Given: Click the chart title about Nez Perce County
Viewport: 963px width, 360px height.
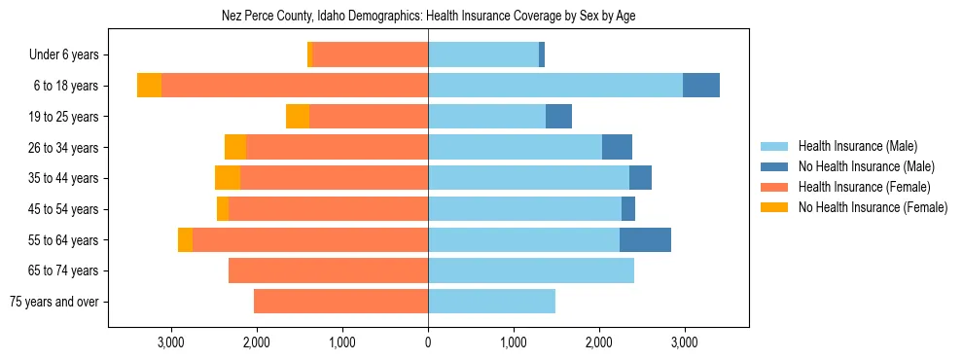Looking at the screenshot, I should point(428,17).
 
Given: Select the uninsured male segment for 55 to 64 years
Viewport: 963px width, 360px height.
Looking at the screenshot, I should point(645,240).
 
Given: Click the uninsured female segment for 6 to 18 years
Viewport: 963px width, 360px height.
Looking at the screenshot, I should point(149,86).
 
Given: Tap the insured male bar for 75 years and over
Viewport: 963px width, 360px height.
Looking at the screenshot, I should point(491,302).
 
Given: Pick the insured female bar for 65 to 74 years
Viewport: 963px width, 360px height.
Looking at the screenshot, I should point(328,270).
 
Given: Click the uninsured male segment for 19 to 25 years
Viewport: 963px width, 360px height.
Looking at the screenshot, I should point(558,117).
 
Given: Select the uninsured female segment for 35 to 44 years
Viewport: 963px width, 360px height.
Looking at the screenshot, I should point(228,178).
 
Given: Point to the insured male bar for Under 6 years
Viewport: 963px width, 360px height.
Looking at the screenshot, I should point(483,55).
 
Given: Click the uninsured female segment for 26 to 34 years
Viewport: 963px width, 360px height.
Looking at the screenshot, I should point(235,148).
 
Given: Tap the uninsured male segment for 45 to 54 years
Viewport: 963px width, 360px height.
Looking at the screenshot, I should point(628,209).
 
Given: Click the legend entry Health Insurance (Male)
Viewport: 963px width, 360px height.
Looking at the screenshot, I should point(857,146).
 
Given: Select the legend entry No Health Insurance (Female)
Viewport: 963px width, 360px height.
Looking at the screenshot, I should point(873,207).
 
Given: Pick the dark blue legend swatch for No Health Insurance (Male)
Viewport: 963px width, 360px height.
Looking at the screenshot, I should point(774,166).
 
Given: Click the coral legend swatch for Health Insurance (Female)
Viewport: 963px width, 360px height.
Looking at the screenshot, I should point(774,187).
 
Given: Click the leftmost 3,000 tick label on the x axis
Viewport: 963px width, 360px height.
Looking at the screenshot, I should point(171,342).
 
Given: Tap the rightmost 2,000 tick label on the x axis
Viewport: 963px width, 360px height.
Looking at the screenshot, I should point(599,342).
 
